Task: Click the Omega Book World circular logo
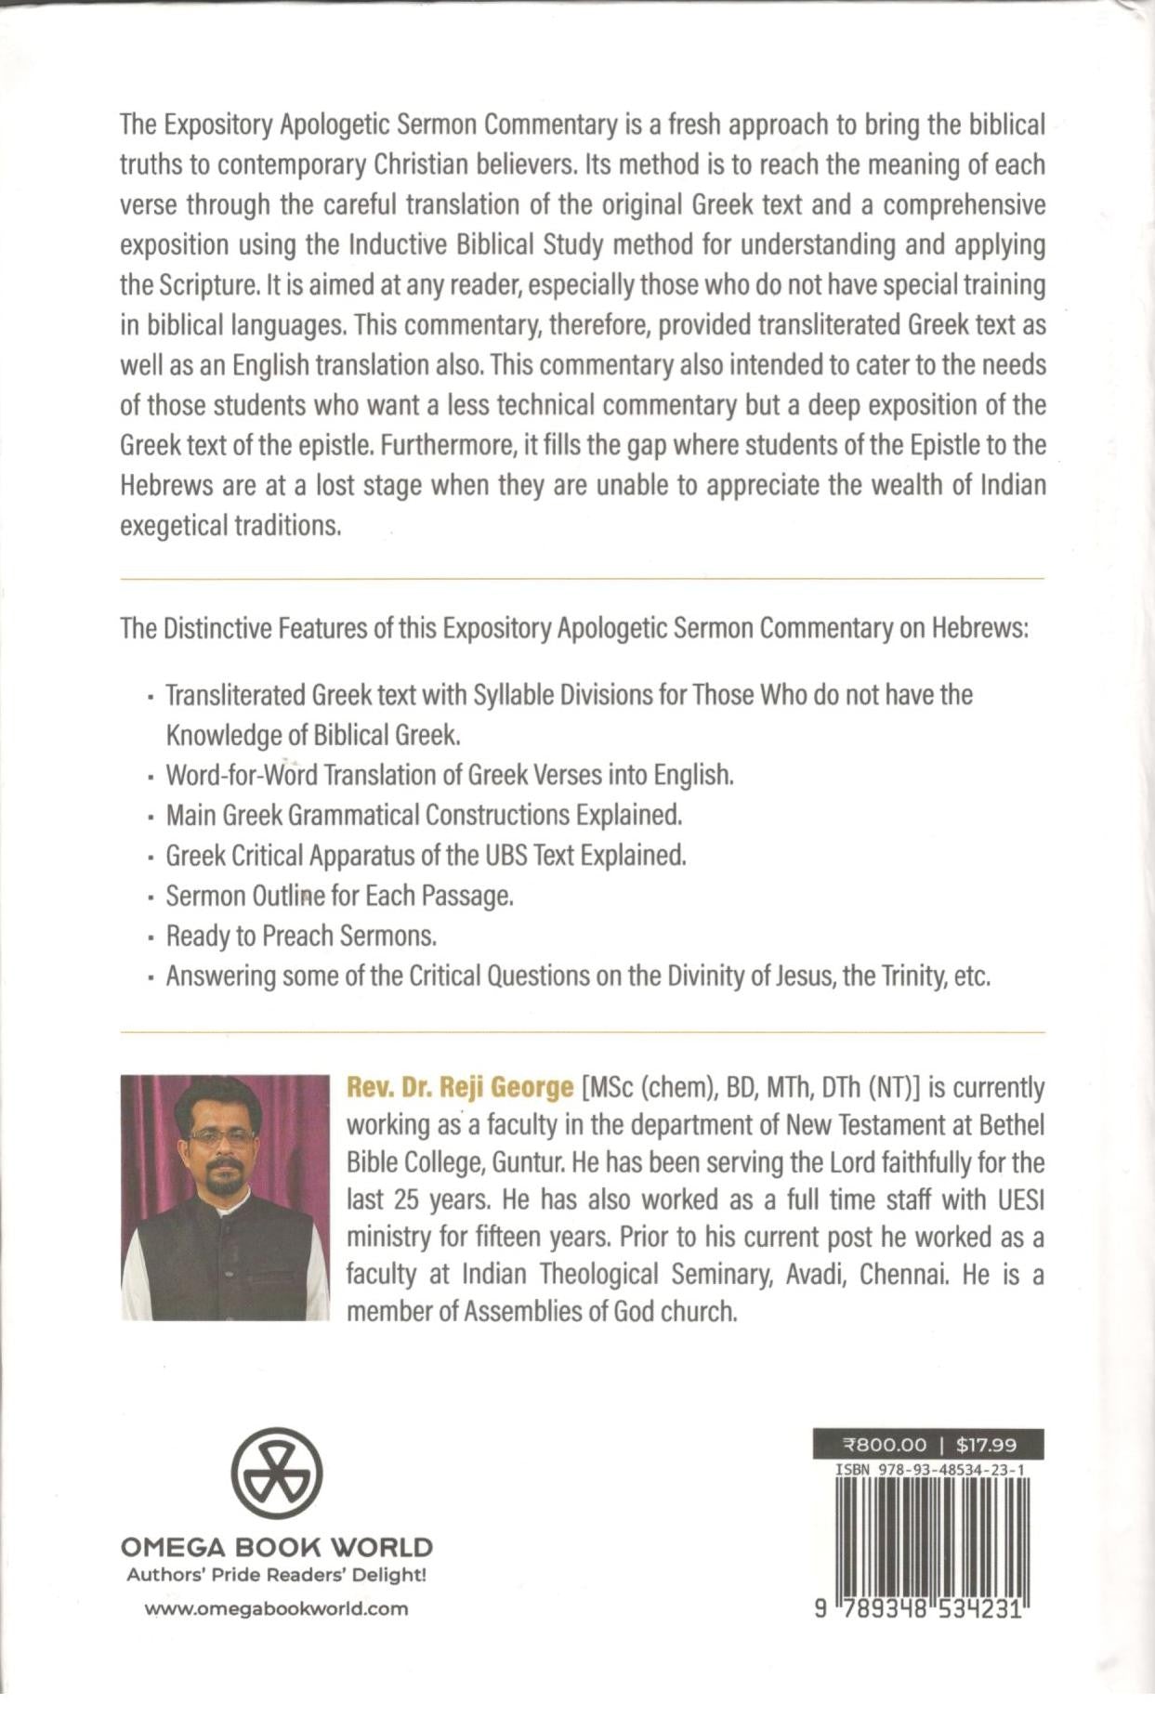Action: pyautogui.click(x=276, y=1474)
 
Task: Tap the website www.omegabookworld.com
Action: pyautogui.click(x=276, y=1608)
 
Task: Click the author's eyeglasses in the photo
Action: pyautogui.click(x=222, y=1136)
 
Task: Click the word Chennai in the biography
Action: pyautogui.click(x=902, y=1274)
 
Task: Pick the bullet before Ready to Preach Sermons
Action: pyautogui.click(x=150, y=937)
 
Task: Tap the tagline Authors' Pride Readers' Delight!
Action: pyautogui.click(x=276, y=1575)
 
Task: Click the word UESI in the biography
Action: pyautogui.click(x=1020, y=1199)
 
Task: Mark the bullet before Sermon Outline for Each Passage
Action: pyautogui.click(x=150, y=898)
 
